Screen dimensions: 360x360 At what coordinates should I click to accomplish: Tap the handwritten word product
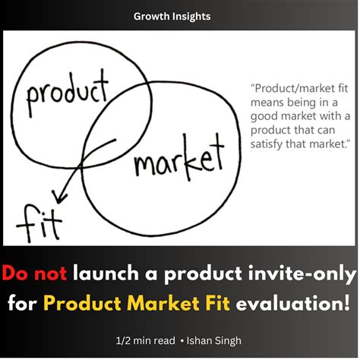pyautogui.click(x=67, y=93)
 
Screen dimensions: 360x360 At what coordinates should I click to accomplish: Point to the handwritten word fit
pyautogui.click(x=33, y=220)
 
